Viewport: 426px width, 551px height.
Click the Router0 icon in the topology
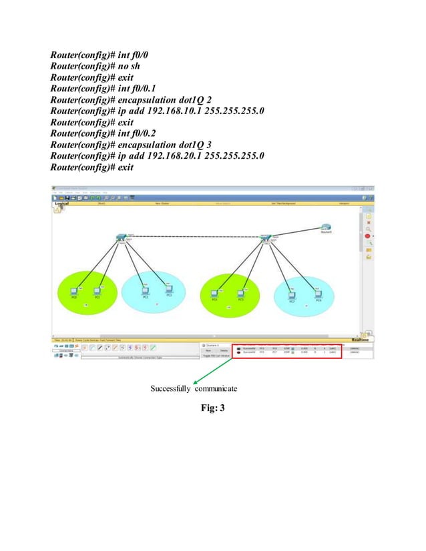(325, 227)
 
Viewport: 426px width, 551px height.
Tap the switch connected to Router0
(265, 237)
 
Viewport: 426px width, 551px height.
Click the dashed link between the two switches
(194, 237)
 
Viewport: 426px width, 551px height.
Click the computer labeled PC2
(145, 291)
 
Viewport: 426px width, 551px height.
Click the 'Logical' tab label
(61, 203)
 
